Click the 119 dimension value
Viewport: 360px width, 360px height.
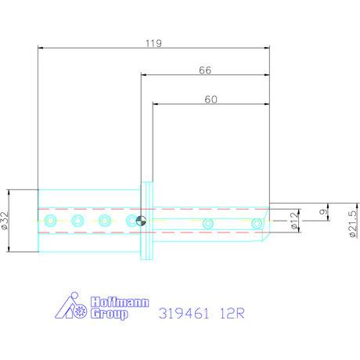point(153,44)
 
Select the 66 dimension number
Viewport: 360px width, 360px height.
point(205,70)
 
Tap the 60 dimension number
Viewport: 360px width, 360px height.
point(210,99)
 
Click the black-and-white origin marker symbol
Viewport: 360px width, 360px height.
point(140,221)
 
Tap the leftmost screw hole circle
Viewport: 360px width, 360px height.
point(51,221)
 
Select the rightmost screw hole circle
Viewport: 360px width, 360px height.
point(257,225)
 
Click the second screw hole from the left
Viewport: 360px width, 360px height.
point(77,221)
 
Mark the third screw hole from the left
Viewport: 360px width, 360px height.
point(104,221)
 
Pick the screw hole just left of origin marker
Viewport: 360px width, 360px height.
point(130,221)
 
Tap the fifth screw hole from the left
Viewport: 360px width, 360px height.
point(208,225)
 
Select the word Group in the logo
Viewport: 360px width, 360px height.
point(110,314)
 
